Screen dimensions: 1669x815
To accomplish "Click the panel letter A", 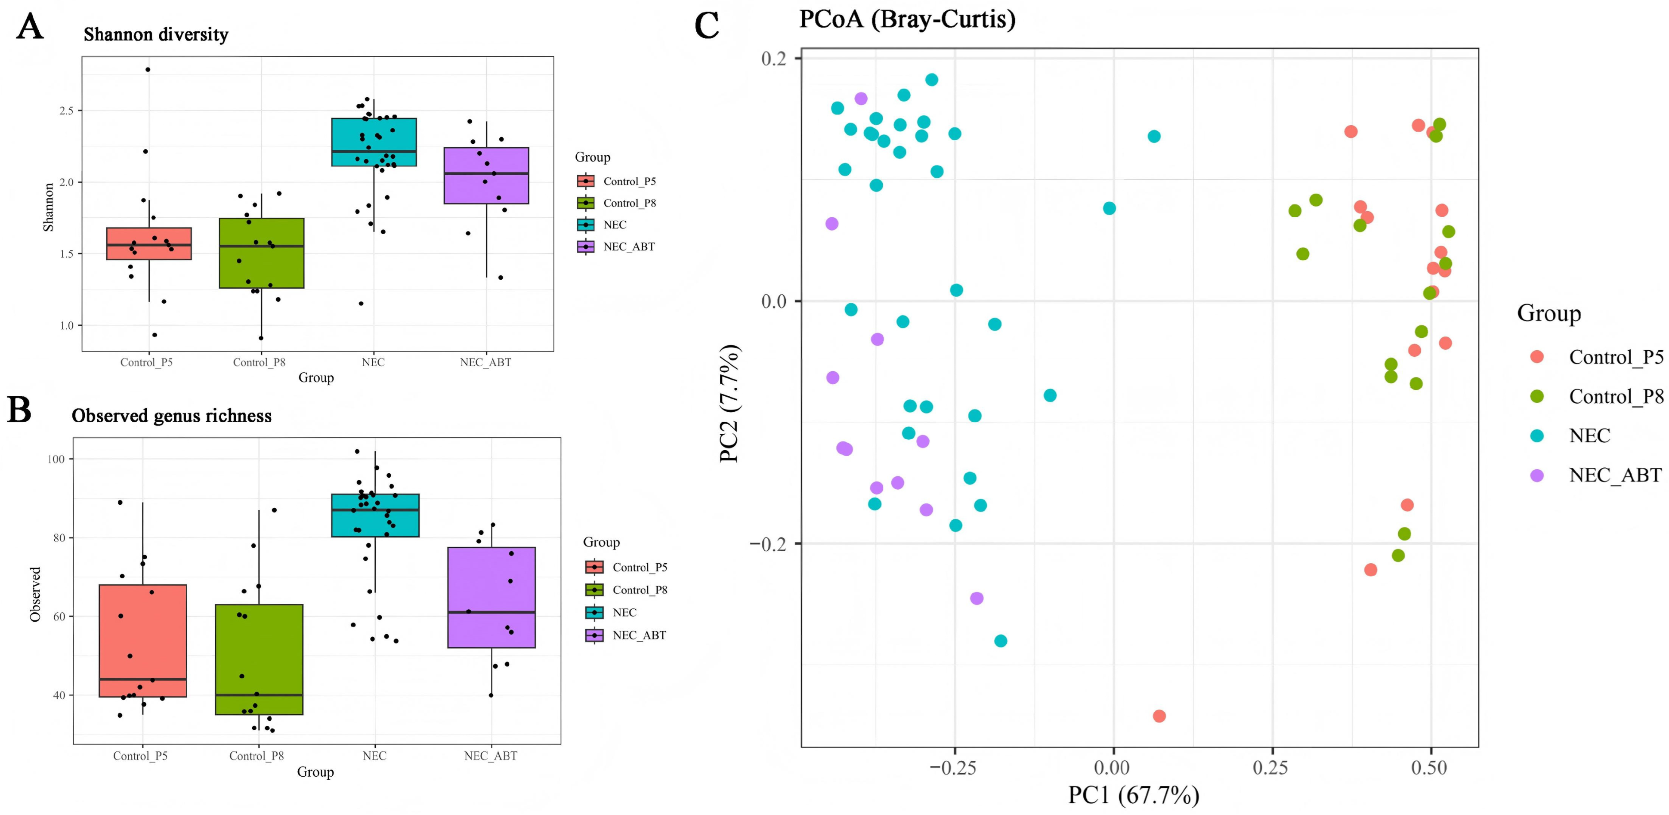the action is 30,27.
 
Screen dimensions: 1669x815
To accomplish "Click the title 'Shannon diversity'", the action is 156,34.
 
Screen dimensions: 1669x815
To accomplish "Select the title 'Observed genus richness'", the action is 172,416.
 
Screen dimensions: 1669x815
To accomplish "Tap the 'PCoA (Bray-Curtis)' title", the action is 907,19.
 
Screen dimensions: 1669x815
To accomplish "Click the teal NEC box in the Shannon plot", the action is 374,142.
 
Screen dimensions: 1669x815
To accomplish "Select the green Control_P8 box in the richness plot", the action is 259,660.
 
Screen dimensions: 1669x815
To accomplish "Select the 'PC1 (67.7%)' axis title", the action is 1134,795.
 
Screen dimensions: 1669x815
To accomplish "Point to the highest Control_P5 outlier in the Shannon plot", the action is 148,69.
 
